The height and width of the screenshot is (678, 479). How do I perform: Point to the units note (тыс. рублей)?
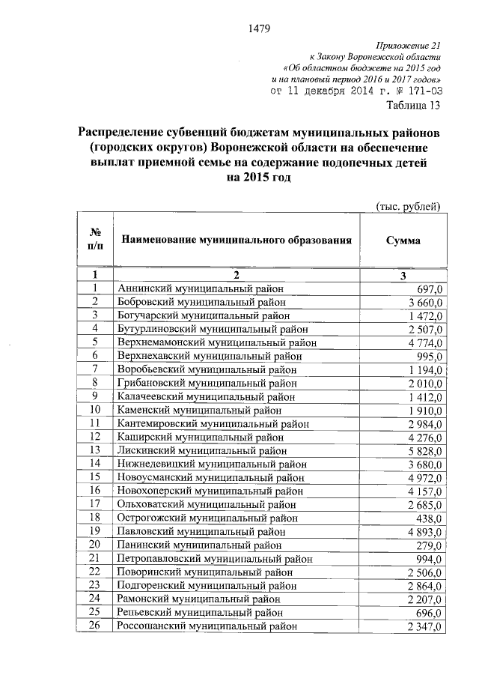[x=406, y=206]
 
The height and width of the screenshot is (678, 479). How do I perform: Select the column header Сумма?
[x=403, y=241]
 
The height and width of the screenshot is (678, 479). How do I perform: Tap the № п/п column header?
[x=95, y=241]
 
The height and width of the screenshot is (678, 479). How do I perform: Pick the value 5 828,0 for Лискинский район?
[x=425, y=450]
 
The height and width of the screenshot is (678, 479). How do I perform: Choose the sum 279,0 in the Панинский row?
[x=430, y=545]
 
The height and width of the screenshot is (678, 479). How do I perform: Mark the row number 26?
[x=95, y=625]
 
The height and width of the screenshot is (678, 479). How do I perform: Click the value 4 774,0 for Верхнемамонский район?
[x=425, y=342]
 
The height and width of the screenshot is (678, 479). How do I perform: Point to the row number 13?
[x=95, y=450]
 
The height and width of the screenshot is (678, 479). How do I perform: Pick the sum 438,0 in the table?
[x=430, y=518]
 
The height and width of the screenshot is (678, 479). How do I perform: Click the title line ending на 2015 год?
[x=259, y=178]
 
